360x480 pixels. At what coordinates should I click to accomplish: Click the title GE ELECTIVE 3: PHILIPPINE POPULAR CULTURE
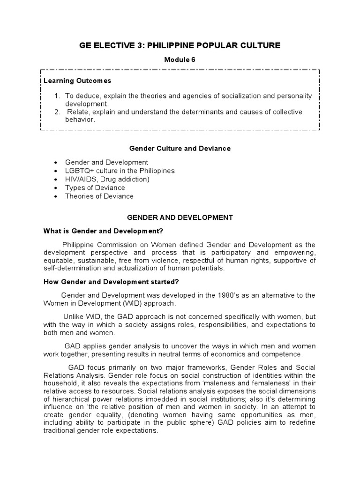tap(180, 45)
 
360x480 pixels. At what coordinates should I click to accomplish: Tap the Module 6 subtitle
tap(180, 60)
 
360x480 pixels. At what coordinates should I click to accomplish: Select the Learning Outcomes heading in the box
tap(77, 81)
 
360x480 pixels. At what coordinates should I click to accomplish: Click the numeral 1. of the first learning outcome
tap(57, 96)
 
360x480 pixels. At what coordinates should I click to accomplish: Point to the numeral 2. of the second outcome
tap(57, 112)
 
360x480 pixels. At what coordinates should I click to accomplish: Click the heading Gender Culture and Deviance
tap(180, 148)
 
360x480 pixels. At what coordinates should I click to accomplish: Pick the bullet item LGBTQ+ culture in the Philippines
tap(120, 171)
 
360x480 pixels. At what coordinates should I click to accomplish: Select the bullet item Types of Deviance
tap(95, 187)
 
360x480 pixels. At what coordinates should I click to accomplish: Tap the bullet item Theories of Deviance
tap(99, 196)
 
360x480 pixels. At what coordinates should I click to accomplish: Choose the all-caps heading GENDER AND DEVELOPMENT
tap(180, 217)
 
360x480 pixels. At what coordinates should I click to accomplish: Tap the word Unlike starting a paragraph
tap(74, 316)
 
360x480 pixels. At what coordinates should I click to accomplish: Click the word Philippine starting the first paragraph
tap(78, 245)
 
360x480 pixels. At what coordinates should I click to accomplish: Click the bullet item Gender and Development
tap(106, 162)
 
